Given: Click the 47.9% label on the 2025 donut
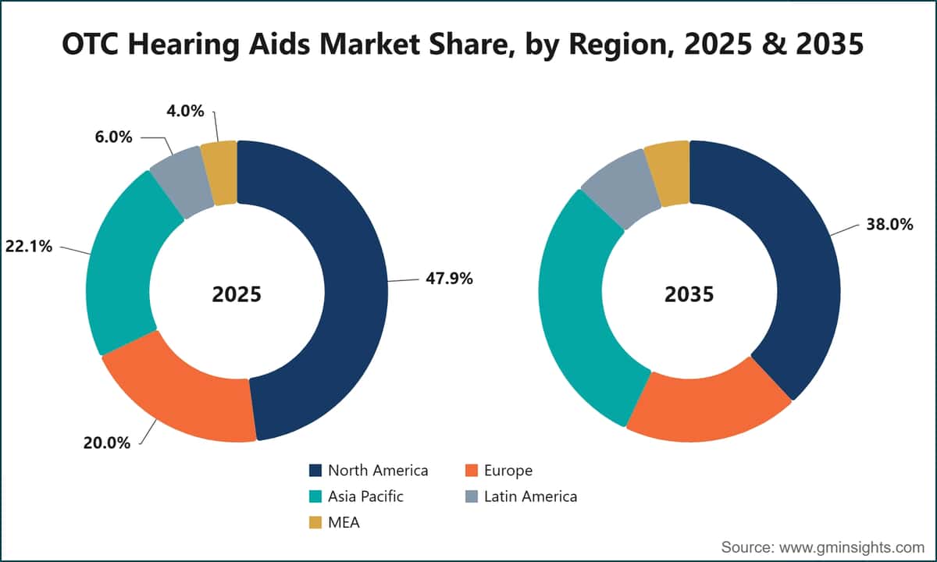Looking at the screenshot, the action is pyautogui.click(x=449, y=279).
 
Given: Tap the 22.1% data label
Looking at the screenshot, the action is pyautogui.click(x=29, y=247).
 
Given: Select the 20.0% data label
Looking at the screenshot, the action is pyautogui.click(x=107, y=443).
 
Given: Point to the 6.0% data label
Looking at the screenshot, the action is pyautogui.click(x=114, y=137).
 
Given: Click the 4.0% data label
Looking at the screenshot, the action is pyautogui.click(x=185, y=111).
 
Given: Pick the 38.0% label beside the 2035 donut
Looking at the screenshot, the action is pyautogui.click(x=889, y=225).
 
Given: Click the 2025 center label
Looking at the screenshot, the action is pyautogui.click(x=237, y=294).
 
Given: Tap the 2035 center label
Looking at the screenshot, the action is pyautogui.click(x=689, y=294).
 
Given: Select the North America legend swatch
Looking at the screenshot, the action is pyautogui.click(x=315, y=471).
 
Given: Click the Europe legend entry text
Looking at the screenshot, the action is pyautogui.click(x=508, y=471).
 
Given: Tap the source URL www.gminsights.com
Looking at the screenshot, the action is pyautogui.click(x=852, y=547).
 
